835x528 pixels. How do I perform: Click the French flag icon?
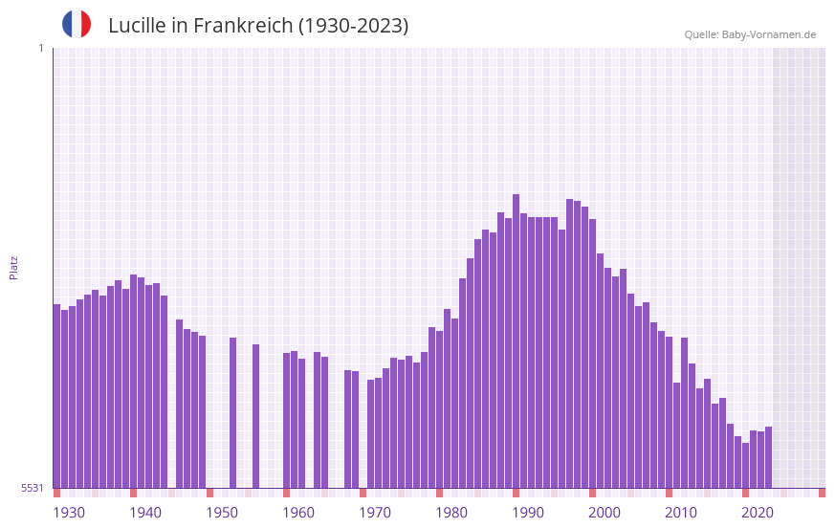point(77,24)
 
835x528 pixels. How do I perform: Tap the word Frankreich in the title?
point(243,26)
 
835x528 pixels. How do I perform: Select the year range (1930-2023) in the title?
point(353,26)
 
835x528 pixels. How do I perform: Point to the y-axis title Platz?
point(13,267)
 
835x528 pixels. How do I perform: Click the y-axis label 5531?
point(33,488)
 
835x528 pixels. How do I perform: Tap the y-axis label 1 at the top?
point(40,48)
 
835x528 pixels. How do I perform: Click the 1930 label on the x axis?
point(69,513)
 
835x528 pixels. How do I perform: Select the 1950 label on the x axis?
point(222,513)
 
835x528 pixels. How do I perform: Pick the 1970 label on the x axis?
point(375,513)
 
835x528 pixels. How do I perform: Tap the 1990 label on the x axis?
point(528,513)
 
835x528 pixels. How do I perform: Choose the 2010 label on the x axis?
point(681,513)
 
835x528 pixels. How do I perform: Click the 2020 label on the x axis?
point(758,513)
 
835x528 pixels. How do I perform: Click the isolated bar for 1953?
point(232,412)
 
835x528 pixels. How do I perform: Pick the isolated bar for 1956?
point(255,416)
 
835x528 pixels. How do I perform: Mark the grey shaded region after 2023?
point(799,268)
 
